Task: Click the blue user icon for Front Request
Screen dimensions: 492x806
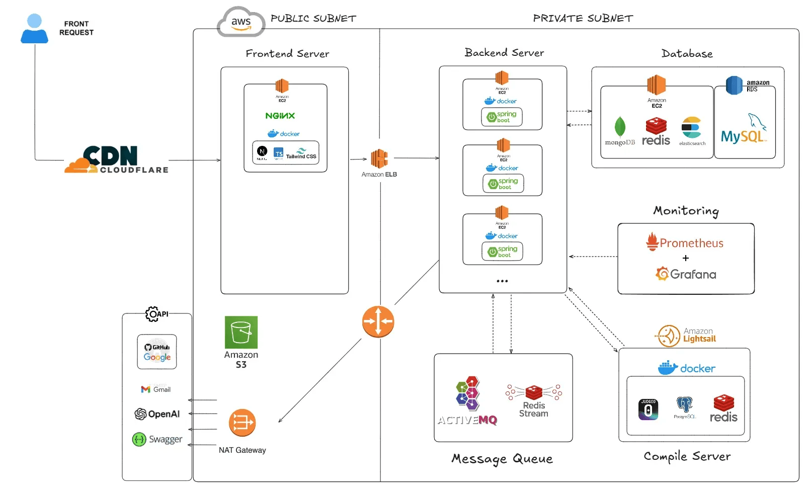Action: click(34, 29)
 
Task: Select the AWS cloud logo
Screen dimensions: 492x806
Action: click(241, 22)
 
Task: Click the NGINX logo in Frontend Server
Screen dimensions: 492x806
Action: click(280, 116)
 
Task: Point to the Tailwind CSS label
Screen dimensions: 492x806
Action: click(301, 154)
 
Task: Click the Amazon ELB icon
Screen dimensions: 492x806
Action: click(379, 158)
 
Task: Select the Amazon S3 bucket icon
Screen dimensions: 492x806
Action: click(241, 332)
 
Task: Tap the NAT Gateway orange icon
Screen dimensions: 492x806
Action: click(242, 423)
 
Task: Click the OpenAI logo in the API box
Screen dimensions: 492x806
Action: click(157, 414)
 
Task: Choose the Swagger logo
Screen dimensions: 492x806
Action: click(157, 439)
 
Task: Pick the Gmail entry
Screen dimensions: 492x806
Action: click(156, 389)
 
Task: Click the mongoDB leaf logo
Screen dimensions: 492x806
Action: click(620, 127)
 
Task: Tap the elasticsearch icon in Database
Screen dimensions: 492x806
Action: click(691, 128)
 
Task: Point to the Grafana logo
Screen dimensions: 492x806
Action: click(686, 274)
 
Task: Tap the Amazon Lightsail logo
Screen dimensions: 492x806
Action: click(686, 336)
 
